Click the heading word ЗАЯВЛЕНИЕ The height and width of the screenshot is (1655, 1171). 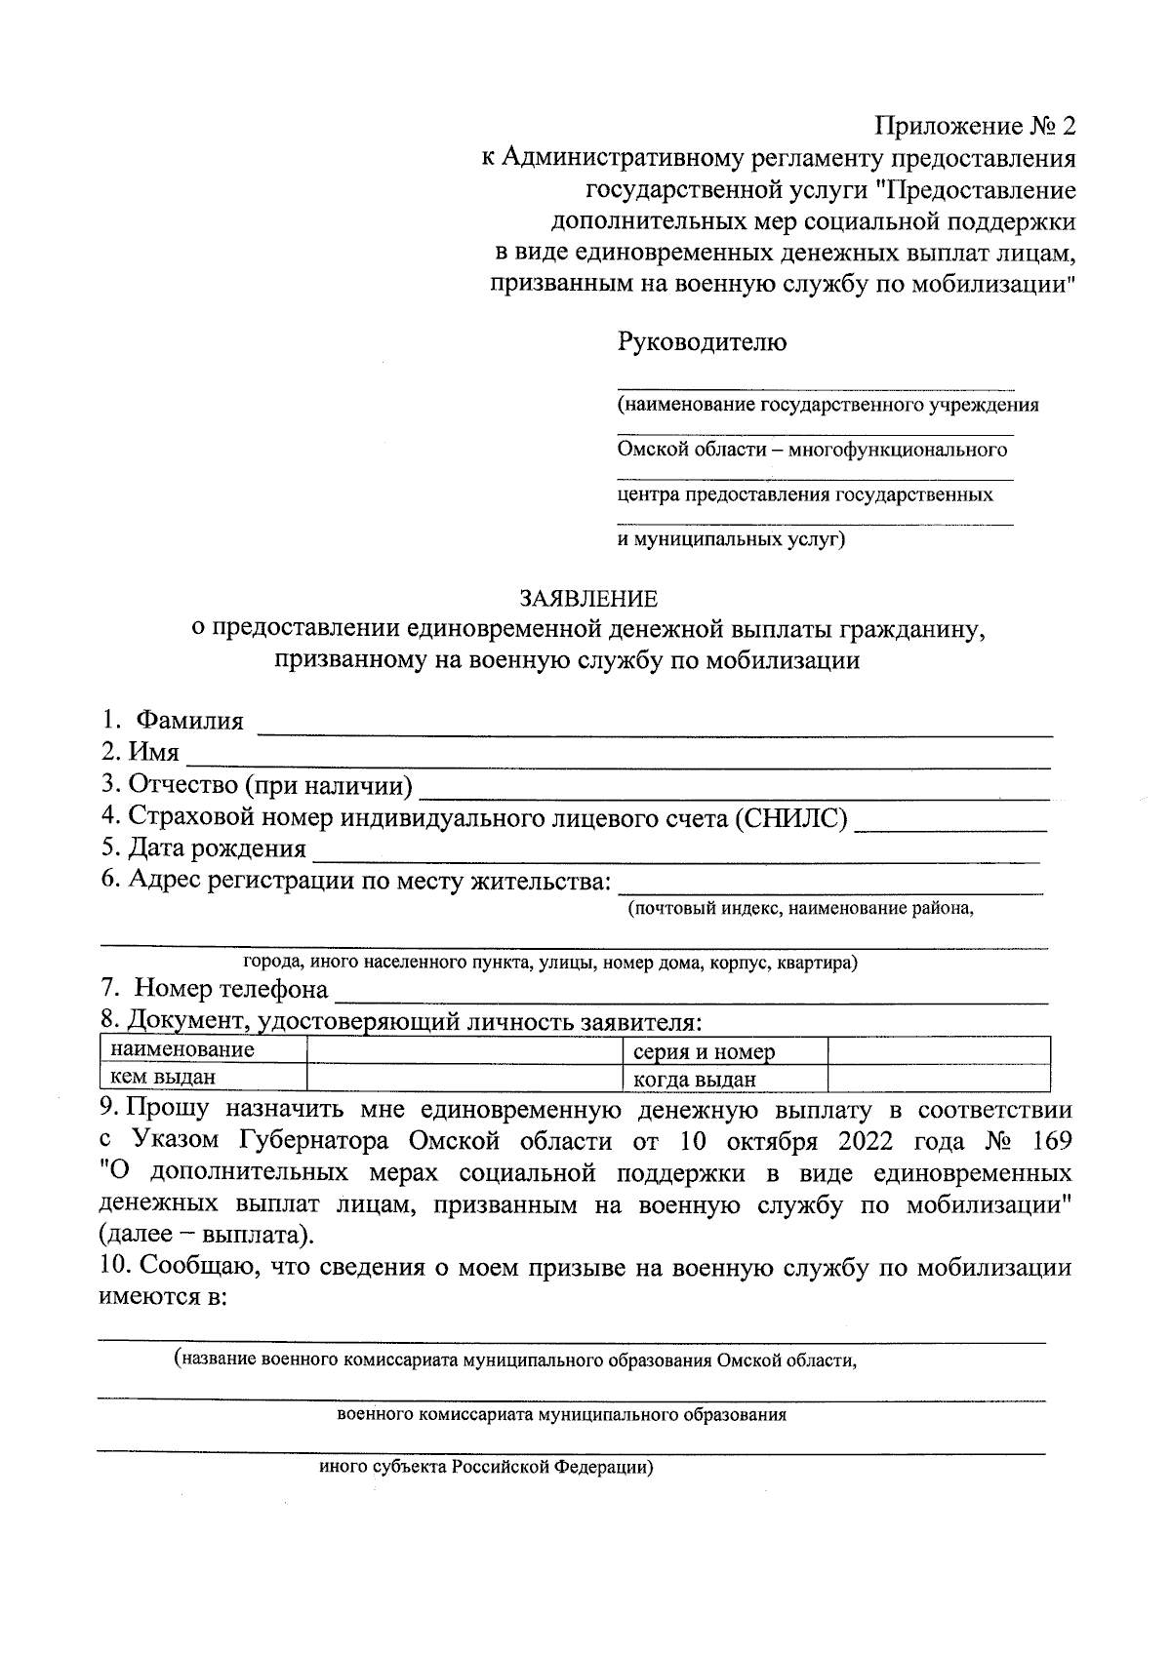[x=587, y=597]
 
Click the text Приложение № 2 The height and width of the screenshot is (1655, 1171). [x=976, y=126]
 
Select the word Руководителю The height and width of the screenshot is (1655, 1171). [x=702, y=342]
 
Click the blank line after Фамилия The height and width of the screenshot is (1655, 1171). [x=654, y=726]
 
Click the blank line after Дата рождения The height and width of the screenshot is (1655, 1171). [x=673, y=852]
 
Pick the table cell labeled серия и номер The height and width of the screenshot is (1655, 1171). [x=704, y=1051]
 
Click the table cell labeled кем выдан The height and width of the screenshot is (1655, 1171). [x=163, y=1077]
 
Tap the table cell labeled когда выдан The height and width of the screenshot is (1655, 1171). [x=694, y=1079]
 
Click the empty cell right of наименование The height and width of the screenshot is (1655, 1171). [x=464, y=1050]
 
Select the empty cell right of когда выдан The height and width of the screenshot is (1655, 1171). [x=938, y=1078]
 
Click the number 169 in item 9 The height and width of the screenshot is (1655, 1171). [x=1047, y=1141]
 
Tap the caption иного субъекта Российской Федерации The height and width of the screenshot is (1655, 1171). [x=486, y=1468]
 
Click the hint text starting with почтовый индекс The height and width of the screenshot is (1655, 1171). [x=801, y=908]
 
